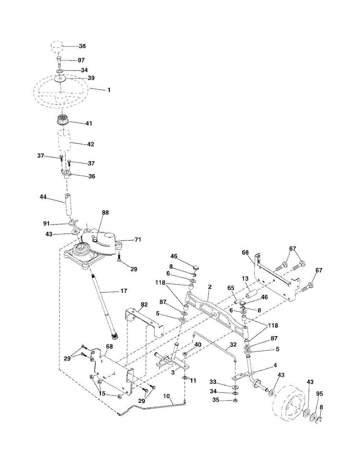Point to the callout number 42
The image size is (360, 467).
(x=90, y=144)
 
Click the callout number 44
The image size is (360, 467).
(x=43, y=197)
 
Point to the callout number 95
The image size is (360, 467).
(x=319, y=393)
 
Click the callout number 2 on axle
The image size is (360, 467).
(x=209, y=287)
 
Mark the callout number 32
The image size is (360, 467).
(x=233, y=344)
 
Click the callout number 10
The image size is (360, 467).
(x=167, y=396)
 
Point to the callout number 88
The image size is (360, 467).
(x=105, y=212)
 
